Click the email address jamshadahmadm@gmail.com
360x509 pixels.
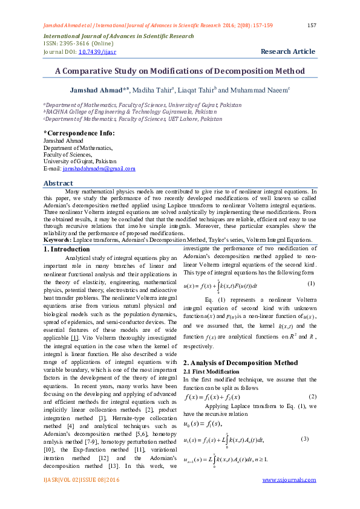[99, 169]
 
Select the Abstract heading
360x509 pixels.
[59, 183]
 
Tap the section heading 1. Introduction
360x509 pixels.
[67, 249]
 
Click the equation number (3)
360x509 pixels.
[304, 438]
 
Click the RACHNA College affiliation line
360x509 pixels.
[129, 112]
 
